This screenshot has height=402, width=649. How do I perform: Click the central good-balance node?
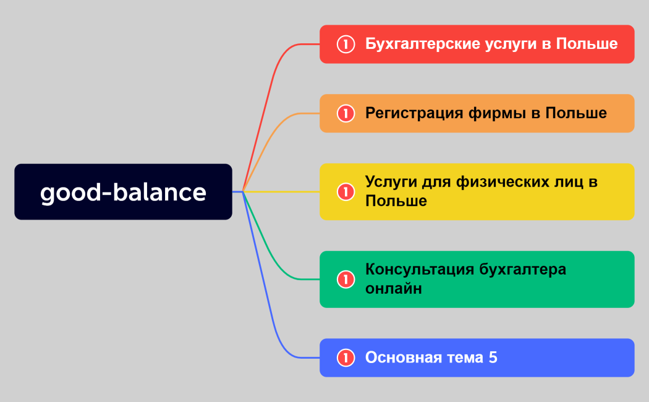[x=123, y=192]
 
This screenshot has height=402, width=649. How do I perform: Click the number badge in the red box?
[x=346, y=45]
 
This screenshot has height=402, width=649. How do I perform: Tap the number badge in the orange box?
[x=346, y=114]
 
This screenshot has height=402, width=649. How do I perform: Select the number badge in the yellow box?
[x=346, y=192]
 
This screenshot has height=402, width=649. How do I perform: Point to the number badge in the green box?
[x=346, y=280]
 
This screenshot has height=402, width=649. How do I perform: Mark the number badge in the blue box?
[x=346, y=357]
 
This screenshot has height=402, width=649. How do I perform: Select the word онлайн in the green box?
[x=394, y=289]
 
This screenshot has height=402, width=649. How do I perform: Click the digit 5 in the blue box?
[x=493, y=357]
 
